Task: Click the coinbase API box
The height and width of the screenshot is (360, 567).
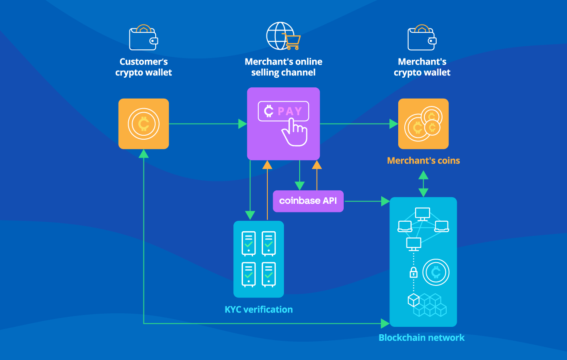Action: click(x=308, y=201)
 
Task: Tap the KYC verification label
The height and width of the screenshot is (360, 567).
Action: click(x=259, y=309)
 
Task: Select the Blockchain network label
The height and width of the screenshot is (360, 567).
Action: click(x=421, y=337)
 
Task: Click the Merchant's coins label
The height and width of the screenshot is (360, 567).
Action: click(x=423, y=161)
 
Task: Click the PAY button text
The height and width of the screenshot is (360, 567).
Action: click(x=290, y=111)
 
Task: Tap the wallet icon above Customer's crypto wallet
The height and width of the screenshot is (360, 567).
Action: click(x=143, y=38)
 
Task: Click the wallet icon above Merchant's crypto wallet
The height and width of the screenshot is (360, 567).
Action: click(x=421, y=38)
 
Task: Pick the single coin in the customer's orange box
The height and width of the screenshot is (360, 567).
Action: click(x=143, y=124)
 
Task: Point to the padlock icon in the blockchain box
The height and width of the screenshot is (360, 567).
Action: click(x=413, y=273)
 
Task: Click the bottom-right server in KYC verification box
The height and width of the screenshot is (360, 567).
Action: click(x=268, y=274)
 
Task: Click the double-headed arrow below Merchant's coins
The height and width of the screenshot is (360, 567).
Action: click(x=423, y=184)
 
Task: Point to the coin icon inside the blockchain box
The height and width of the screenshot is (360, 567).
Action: click(x=435, y=273)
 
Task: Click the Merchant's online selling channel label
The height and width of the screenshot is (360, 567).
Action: click(x=283, y=67)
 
